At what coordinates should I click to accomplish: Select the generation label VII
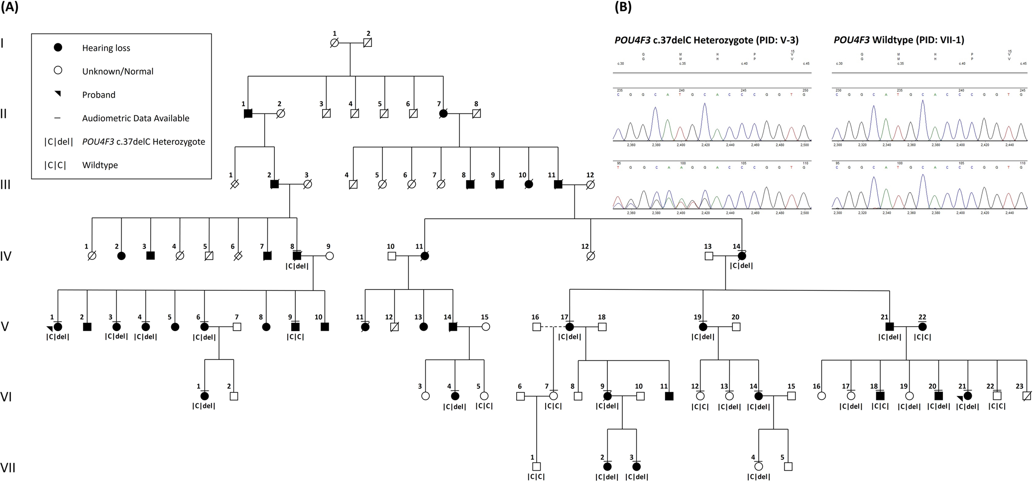(x=7, y=468)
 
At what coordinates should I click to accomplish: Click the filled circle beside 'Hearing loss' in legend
(x=58, y=48)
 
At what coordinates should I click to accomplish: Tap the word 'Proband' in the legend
(x=99, y=95)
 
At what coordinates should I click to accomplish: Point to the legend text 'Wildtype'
(x=100, y=165)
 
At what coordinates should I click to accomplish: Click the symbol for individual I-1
(x=335, y=43)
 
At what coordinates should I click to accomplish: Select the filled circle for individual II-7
(x=443, y=114)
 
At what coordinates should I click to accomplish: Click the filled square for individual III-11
(x=558, y=185)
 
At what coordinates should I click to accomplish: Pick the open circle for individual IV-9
(x=329, y=256)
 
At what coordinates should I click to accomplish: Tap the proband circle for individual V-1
(x=58, y=327)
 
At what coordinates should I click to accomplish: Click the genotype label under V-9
(x=295, y=337)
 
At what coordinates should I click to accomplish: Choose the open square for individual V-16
(x=536, y=327)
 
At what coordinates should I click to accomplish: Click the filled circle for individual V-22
(x=922, y=327)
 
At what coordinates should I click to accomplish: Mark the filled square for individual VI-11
(x=669, y=396)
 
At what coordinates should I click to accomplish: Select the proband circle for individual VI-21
(x=967, y=396)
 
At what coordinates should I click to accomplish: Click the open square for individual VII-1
(x=536, y=467)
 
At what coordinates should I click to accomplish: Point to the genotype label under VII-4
(x=758, y=477)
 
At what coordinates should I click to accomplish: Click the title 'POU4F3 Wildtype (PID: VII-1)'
(x=899, y=40)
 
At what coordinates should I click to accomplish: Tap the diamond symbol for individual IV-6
(x=238, y=256)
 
